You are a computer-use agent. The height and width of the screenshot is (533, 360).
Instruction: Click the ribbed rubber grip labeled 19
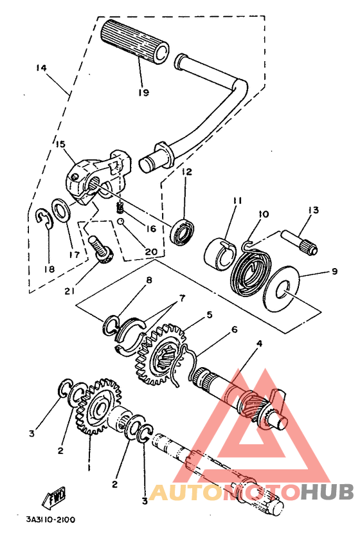[x=135, y=42]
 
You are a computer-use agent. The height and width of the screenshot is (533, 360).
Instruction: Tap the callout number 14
[x=42, y=68]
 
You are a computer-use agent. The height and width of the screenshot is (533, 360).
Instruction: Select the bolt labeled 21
[x=100, y=250]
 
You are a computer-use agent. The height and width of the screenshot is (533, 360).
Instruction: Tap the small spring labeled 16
[x=120, y=208]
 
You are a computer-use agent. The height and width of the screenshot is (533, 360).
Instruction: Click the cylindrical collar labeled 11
[x=220, y=255]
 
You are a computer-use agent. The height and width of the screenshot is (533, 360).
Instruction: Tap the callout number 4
[x=259, y=343]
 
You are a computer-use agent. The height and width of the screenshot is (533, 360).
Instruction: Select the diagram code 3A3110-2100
[x=51, y=519]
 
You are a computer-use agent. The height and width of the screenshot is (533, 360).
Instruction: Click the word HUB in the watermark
[x=327, y=491]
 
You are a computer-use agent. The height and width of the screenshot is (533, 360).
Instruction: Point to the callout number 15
[x=60, y=144]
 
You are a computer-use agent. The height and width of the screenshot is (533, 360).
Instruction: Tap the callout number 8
[x=148, y=280]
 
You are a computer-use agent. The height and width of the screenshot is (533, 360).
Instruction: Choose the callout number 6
[x=234, y=329]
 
